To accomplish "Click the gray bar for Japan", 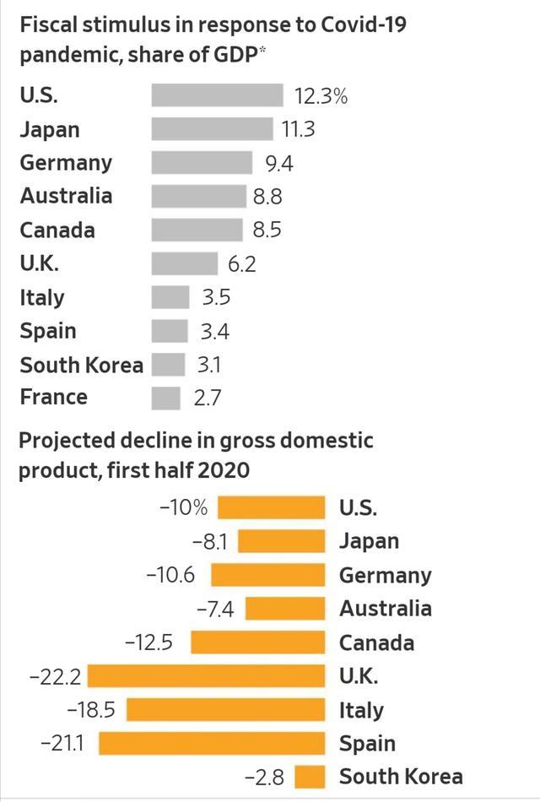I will [213, 129].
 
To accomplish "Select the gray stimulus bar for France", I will [166, 398].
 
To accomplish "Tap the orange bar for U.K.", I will [207, 676].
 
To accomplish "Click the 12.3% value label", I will [321, 96].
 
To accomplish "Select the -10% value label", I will [183, 508].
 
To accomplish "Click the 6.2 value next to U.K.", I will [241, 264].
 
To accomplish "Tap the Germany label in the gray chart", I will [66, 163].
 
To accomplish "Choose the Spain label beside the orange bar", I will [367, 744].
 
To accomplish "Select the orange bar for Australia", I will [285, 609].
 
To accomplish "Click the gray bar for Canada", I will [198, 230].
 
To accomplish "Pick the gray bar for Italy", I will [170, 297].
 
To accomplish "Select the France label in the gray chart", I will [54, 397].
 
